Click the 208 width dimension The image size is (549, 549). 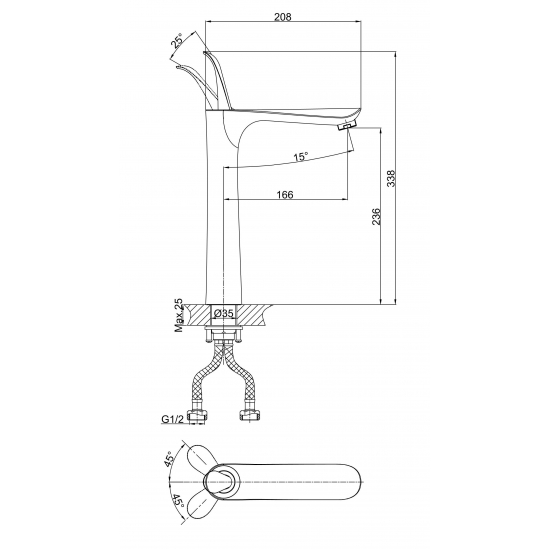[282, 16]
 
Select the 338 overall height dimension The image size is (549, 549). [391, 179]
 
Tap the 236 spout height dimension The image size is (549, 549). [376, 217]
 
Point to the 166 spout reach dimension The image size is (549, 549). [285, 194]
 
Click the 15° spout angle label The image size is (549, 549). [301, 157]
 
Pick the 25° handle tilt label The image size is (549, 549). [177, 41]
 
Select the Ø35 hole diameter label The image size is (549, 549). [223, 313]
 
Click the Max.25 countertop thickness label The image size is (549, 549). [179, 315]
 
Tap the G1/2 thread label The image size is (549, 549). [172, 419]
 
